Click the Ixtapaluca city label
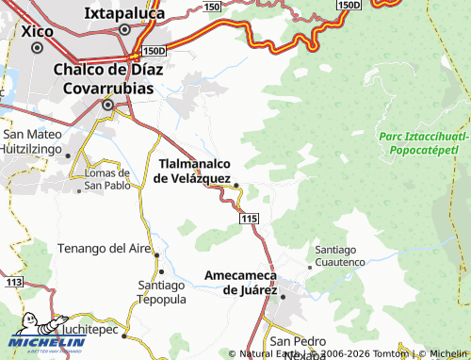[x=127, y=13]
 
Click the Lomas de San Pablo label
[x=106, y=179]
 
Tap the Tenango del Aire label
[x=105, y=248]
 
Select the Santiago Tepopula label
[x=160, y=292]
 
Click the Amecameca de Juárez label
[x=239, y=283]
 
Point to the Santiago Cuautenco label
[x=339, y=255]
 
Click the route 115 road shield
[x=248, y=219]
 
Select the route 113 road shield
[x=12, y=282]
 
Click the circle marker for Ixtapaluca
[x=124, y=29]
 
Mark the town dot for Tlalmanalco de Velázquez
[x=236, y=185]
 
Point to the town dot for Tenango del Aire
[x=157, y=255]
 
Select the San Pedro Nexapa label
[x=297, y=346]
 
